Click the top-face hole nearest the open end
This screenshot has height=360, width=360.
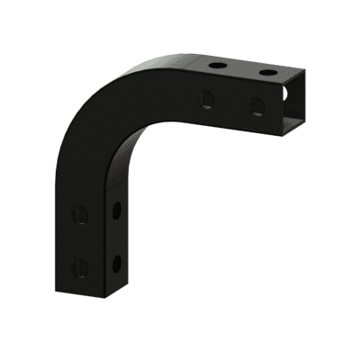[x=267, y=70]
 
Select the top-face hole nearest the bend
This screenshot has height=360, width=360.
[x=219, y=66]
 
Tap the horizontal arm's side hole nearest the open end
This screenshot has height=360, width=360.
[x=256, y=105]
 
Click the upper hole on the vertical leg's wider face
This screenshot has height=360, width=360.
[x=80, y=215]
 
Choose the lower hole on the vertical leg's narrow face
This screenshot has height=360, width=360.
[x=116, y=263]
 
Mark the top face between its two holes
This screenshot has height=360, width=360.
[x=243, y=67]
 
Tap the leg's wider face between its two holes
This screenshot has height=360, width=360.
[x=80, y=240]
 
